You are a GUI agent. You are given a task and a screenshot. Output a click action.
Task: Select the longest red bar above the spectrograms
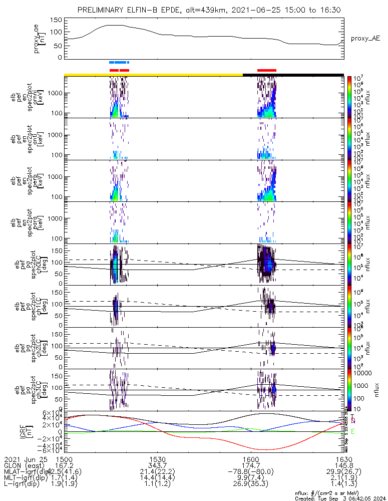(x=266, y=70)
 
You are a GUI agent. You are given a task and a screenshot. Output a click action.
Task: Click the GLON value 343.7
(x=157, y=465)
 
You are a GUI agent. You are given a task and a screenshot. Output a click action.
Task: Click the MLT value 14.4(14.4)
(x=157, y=479)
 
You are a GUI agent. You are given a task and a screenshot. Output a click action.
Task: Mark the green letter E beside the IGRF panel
(x=353, y=431)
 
